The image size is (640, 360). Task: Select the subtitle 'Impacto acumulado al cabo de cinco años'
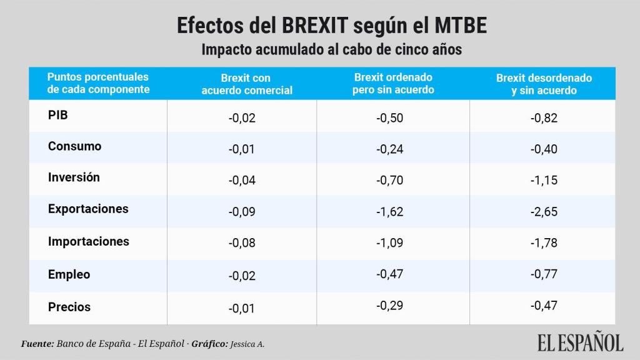[x=331, y=50]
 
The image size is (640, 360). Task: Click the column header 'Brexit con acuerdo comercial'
[x=246, y=84]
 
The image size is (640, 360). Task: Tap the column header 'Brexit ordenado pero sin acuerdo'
[x=393, y=84]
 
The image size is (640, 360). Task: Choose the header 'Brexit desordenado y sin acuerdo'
[x=544, y=84]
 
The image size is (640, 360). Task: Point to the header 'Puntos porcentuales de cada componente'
[x=98, y=83]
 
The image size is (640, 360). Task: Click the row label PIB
[x=57, y=115]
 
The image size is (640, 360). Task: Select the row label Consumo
[x=74, y=146]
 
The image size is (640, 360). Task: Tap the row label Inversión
[x=74, y=177]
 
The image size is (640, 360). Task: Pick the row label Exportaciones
[x=88, y=209]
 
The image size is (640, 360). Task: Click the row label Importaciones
[x=88, y=241]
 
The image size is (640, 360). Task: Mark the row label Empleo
[x=69, y=274]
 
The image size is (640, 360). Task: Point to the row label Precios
[x=69, y=307]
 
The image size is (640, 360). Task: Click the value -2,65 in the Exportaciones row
[x=544, y=211]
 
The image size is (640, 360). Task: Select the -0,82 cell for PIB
[x=544, y=118]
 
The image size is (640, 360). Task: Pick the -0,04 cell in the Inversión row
[x=242, y=181]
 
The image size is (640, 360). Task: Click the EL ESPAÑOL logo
[x=580, y=342]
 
